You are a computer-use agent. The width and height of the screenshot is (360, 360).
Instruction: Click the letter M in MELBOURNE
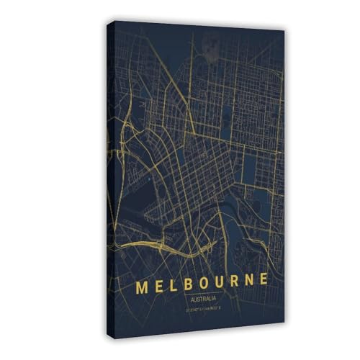pos(142,286)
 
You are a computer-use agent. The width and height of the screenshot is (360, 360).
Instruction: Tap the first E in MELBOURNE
pos(161,285)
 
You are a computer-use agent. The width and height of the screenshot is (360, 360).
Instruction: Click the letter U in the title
pos(223,282)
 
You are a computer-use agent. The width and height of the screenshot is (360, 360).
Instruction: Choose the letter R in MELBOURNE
pos(238,282)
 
